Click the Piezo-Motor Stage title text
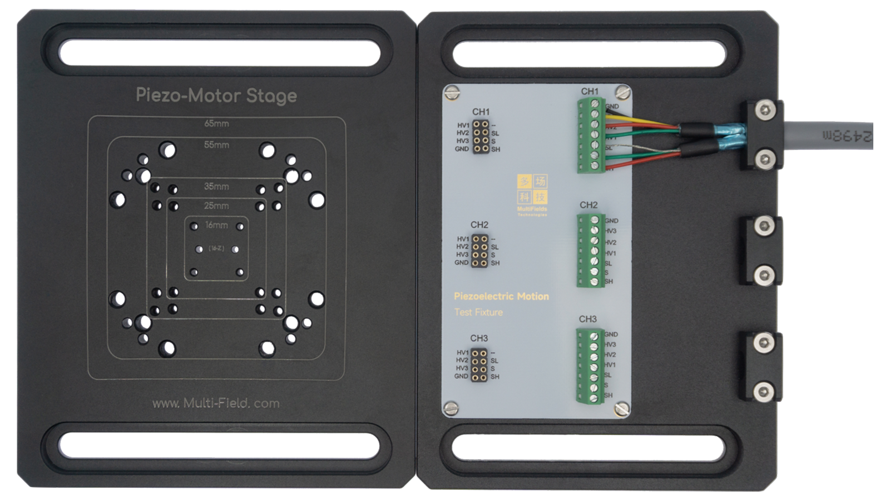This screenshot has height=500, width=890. click(216, 96)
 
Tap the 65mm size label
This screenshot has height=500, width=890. click(216, 123)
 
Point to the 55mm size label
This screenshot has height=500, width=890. click(216, 144)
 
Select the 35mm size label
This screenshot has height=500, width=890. click(216, 186)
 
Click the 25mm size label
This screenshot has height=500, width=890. click(216, 206)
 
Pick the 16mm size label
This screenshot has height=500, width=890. click(216, 225)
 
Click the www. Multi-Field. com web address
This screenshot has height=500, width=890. click(216, 403)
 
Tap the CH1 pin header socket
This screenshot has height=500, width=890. click(481, 137)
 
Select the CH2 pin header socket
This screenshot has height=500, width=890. click(480, 251)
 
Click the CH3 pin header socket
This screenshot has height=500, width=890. click(479, 364)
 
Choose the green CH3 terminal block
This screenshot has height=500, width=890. click(590, 365)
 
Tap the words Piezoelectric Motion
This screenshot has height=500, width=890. click(501, 297)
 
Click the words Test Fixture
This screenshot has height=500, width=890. click(478, 312)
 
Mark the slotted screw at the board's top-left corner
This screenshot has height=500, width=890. click(453, 92)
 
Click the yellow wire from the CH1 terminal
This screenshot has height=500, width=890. click(645, 121)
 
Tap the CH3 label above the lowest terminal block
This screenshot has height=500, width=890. click(587, 319)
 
